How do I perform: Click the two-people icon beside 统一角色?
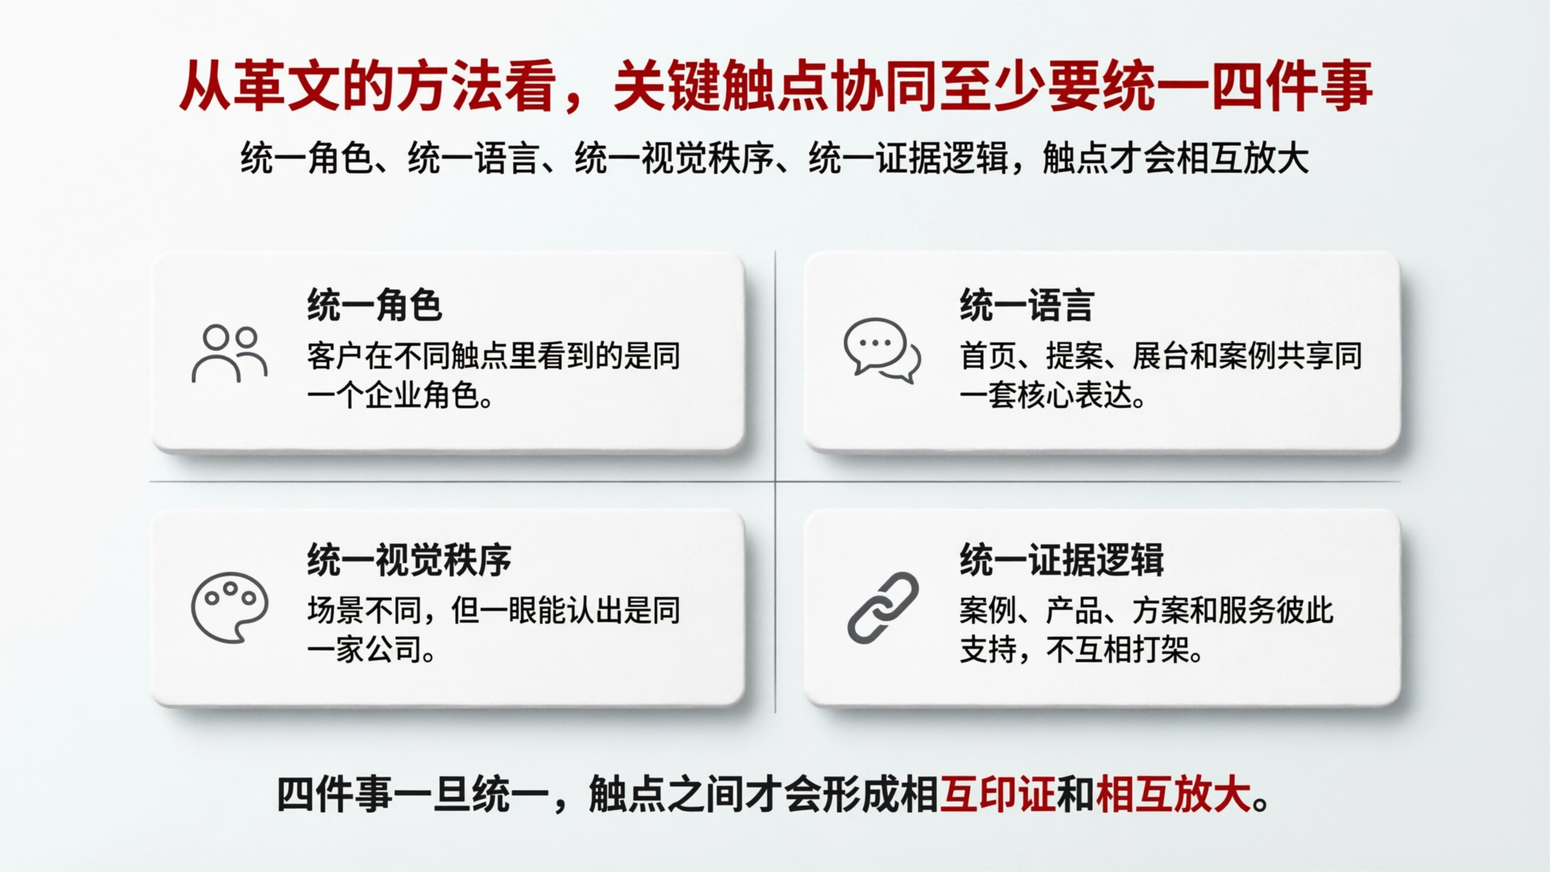[x=230, y=354]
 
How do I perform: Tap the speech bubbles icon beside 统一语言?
[x=882, y=350]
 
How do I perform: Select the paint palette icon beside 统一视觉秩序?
[x=230, y=607]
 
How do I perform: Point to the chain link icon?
[x=883, y=607]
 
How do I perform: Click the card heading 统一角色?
[x=374, y=306]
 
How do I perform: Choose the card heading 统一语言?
[x=1027, y=306]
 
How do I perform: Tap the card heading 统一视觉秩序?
[x=409, y=560]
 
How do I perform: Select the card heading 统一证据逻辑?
[x=1061, y=560]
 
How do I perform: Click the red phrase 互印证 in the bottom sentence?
[x=997, y=795]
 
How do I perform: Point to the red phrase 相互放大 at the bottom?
[x=1173, y=795]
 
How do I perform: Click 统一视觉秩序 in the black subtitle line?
[x=673, y=158]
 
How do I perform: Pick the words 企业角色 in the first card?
[x=421, y=396]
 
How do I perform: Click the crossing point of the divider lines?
[x=775, y=482]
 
